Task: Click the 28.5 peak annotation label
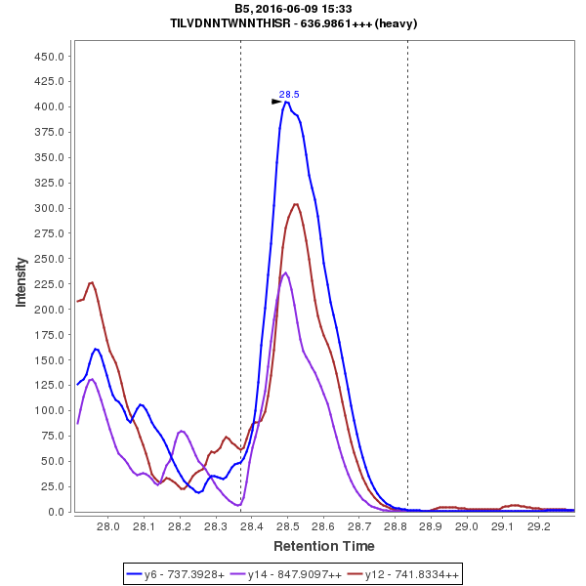pyautogui.click(x=289, y=95)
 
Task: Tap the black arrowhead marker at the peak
pyautogui.click(x=276, y=101)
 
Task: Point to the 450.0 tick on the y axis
pyautogui.click(x=49, y=57)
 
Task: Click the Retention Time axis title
pyautogui.click(x=323, y=546)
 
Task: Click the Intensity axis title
pyautogui.click(x=21, y=282)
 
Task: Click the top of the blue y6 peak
pyautogui.click(x=286, y=101)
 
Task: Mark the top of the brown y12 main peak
pyautogui.click(x=296, y=204)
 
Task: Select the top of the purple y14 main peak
pyautogui.click(x=285, y=272)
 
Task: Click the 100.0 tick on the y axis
pyautogui.click(x=49, y=410)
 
